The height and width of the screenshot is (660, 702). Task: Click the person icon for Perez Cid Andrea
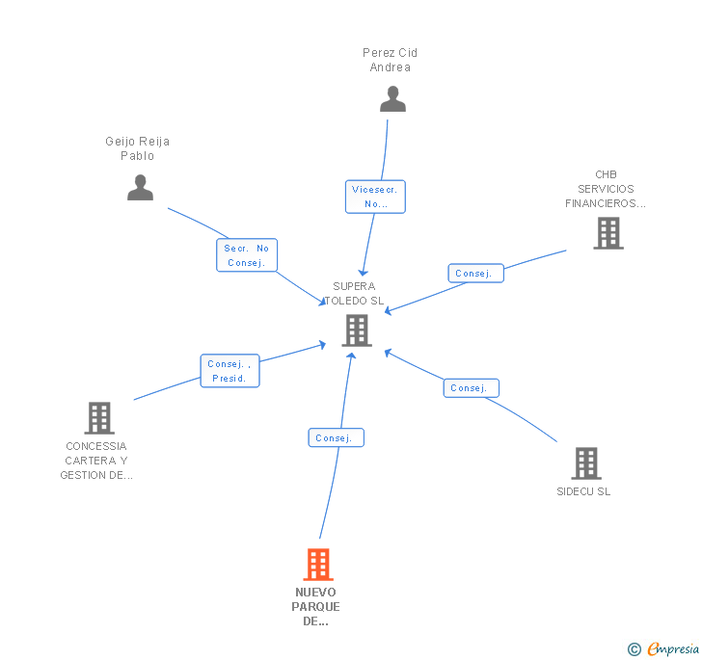[392, 99]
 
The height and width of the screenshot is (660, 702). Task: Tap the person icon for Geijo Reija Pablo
[141, 188]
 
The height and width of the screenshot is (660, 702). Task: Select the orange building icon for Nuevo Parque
[317, 565]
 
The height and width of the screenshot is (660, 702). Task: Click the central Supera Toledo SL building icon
[357, 330]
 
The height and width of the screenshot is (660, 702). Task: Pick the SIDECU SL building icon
[585, 463]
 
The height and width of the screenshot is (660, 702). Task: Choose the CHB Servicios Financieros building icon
[607, 233]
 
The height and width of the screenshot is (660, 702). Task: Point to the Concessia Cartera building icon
[99, 418]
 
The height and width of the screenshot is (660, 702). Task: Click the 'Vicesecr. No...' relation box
[375, 197]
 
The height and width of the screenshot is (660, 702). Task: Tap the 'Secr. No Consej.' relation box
[246, 255]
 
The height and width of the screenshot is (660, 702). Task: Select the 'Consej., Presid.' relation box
[229, 371]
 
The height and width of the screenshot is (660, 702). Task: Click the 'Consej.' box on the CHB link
[475, 274]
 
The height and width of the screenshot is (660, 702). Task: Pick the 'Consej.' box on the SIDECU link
[471, 388]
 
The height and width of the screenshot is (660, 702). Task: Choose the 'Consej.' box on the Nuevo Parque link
[336, 437]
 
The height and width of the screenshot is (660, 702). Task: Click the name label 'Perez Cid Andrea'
[391, 60]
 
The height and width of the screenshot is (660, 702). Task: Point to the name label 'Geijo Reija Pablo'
[137, 148]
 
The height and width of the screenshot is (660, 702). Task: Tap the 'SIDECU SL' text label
[583, 491]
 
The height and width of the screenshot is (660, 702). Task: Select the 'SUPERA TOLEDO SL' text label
[354, 293]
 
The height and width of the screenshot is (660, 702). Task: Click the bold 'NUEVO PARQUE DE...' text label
[316, 607]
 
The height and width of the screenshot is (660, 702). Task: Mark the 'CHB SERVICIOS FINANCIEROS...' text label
[606, 189]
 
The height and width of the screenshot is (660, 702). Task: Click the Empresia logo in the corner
[663, 649]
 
